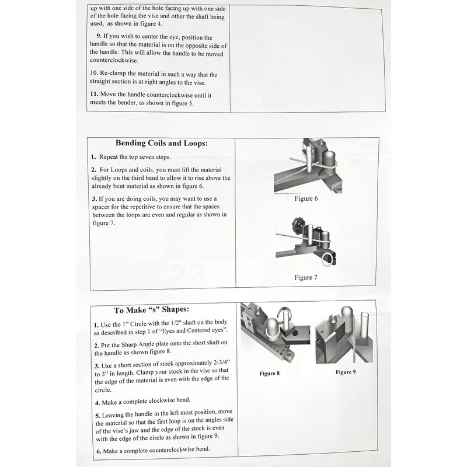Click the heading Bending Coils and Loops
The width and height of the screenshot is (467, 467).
point(161,143)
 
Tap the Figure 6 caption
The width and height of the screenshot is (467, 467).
point(306,199)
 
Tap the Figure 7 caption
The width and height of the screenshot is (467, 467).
point(306,277)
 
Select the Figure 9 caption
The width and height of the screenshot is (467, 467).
point(346,372)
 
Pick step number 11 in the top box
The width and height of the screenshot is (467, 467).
point(95,95)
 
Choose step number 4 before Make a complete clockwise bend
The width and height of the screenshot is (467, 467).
point(96,403)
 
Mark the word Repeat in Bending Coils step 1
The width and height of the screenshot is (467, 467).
point(111,158)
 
